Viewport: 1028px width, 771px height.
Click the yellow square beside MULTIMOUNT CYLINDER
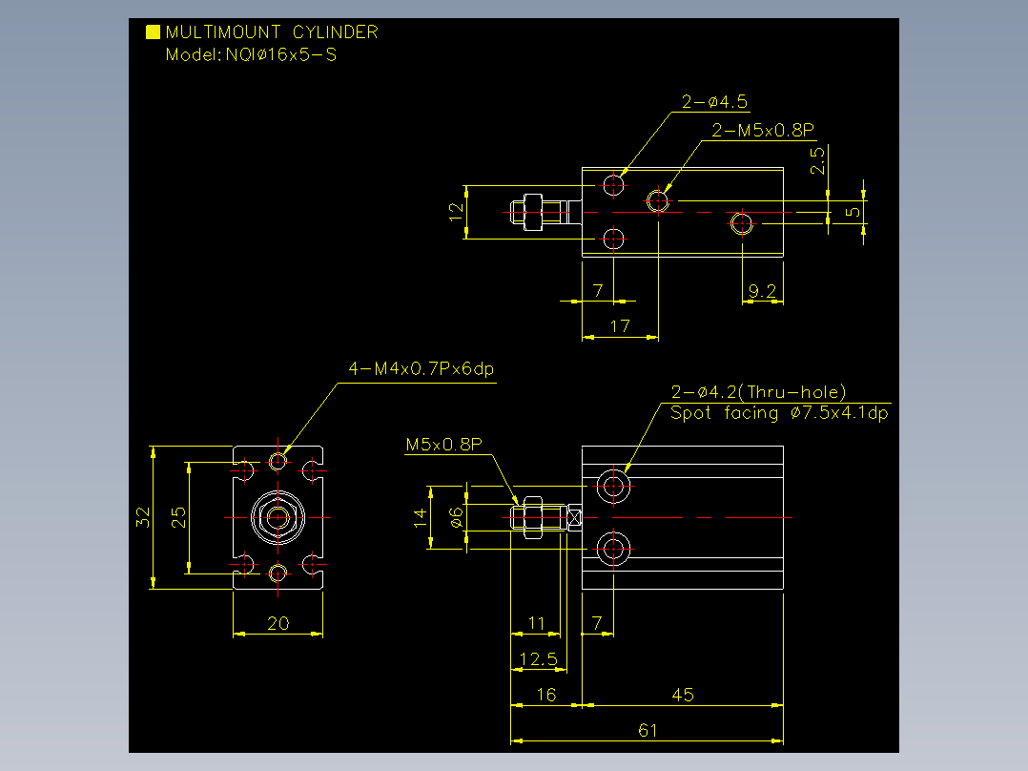153,32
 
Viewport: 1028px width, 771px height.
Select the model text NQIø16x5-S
281,54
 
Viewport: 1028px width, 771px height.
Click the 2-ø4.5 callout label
714,102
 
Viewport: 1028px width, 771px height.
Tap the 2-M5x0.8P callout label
763,130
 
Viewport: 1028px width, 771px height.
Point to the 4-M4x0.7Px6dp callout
421,368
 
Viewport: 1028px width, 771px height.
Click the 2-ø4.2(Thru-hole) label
758,392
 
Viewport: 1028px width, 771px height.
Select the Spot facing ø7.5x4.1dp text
779,413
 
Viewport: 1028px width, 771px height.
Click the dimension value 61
648,730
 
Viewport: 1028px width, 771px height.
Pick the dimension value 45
683,695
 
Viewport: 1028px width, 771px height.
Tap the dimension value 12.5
538,658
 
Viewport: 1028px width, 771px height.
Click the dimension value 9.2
762,291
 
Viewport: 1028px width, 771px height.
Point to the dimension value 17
620,326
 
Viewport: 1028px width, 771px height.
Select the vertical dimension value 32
143,517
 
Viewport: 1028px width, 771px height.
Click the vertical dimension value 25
178,517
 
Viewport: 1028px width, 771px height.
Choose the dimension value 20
278,623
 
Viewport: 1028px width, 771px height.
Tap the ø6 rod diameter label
456,518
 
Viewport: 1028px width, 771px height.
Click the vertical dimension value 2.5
817,160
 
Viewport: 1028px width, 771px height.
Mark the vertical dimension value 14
421,517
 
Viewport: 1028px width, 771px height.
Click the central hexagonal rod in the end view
278,517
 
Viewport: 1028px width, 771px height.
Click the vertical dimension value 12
456,212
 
